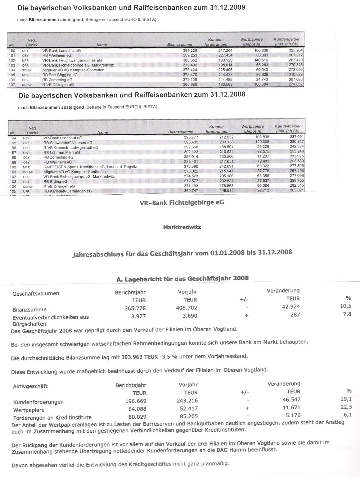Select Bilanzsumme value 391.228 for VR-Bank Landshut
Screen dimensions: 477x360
click(190, 51)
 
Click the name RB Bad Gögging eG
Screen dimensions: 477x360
click(60, 75)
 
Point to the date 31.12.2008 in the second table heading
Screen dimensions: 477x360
click(227, 95)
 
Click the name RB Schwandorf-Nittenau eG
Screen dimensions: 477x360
click(68, 143)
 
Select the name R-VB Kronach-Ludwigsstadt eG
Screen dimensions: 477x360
click(71, 147)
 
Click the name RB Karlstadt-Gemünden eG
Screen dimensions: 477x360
click(67, 191)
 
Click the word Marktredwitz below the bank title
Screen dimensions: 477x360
click(182, 227)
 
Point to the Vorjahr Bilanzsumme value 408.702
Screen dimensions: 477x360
click(186, 308)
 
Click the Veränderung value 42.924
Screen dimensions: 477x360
click(291, 307)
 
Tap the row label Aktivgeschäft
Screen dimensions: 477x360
click(30, 386)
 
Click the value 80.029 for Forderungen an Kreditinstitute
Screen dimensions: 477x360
click(136, 417)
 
